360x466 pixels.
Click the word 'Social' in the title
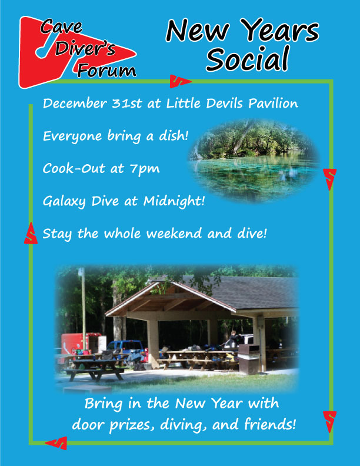(248, 59)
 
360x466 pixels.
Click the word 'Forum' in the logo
(107, 71)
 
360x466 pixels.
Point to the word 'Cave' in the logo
(61, 26)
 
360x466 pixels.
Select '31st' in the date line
(127, 104)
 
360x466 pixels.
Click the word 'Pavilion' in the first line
(274, 104)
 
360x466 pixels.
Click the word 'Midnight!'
(174, 201)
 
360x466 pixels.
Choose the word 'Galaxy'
(64, 202)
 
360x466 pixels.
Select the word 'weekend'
(174, 234)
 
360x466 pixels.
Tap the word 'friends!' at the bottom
(270, 424)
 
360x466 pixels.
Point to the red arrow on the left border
(31, 234)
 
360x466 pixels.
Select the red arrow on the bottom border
(57, 443)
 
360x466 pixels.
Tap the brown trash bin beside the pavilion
(248, 359)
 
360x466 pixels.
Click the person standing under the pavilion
(234, 339)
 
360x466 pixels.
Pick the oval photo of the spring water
(254, 161)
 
